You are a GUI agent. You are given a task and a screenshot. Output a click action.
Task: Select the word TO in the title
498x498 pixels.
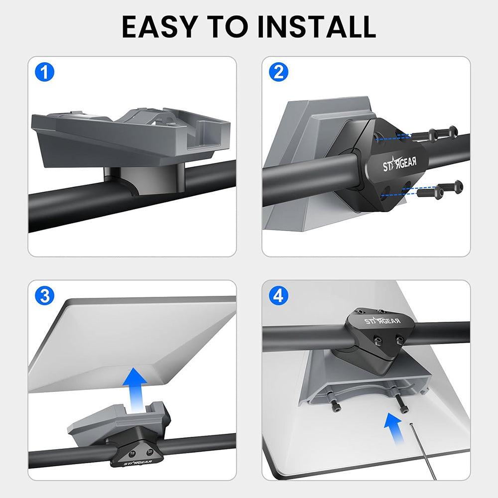(x=229, y=27)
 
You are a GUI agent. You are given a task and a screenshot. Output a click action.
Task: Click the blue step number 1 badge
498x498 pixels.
(x=45, y=73)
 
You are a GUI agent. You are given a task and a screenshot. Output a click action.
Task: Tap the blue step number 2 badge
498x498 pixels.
(x=278, y=73)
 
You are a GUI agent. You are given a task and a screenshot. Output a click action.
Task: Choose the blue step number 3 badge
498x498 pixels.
(x=45, y=296)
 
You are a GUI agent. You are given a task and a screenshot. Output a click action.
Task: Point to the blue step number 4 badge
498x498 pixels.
(x=278, y=296)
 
